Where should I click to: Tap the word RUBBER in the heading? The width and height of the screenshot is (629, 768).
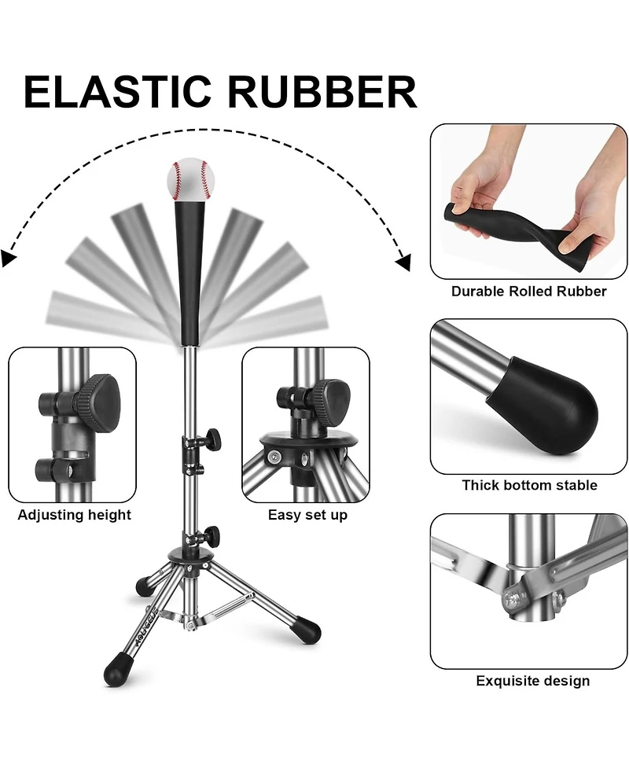(322, 93)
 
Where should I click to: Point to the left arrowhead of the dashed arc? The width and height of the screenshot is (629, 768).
(9, 258)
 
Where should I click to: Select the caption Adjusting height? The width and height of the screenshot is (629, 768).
(75, 516)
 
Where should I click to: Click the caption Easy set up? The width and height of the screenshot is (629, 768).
(307, 516)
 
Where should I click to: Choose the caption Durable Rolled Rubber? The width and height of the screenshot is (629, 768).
(528, 292)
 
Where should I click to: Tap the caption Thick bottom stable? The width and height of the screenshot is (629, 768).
(529, 485)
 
